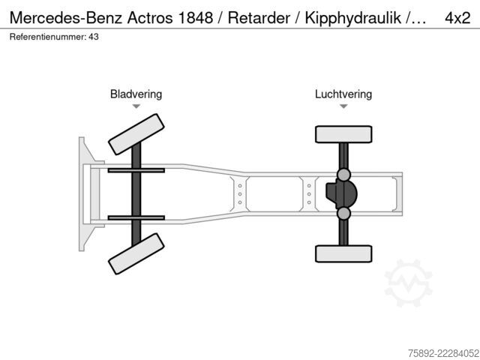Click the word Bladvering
coord(136,94)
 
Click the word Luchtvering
coord(343,94)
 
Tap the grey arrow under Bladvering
coord(136,106)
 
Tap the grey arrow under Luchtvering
coord(343,106)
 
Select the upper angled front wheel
coord(136,134)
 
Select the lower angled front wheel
coord(136,253)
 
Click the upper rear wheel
coord(343,134)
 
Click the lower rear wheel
coord(343,253)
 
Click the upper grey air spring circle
coord(343,175)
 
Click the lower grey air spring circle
coord(343,213)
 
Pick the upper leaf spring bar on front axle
coord(136,170)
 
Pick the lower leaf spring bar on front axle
coord(136,218)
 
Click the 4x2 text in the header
coord(457,18)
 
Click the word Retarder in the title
coord(259,18)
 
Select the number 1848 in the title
coord(195,18)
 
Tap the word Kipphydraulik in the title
coord(353,18)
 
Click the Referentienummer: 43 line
coord(54,37)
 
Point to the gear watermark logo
coord(408,283)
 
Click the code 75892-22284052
coord(443,353)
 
